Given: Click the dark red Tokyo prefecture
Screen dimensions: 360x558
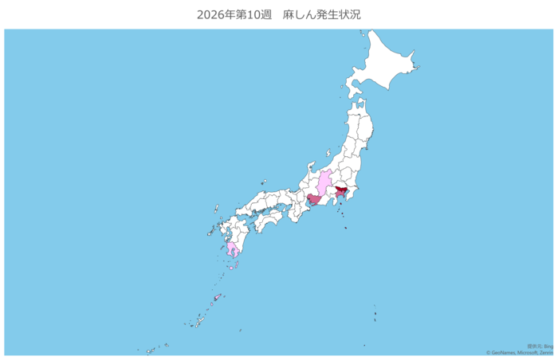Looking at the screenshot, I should pyautogui.click(x=340, y=191).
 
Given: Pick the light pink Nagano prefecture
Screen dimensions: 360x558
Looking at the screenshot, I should pyautogui.click(x=323, y=184).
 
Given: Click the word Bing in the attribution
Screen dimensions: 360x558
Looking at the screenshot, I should pyautogui.click(x=548, y=346).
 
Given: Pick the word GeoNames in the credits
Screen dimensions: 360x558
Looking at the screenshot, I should pyautogui.click(x=504, y=352).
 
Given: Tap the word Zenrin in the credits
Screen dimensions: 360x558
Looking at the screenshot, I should pyautogui.click(x=547, y=352).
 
